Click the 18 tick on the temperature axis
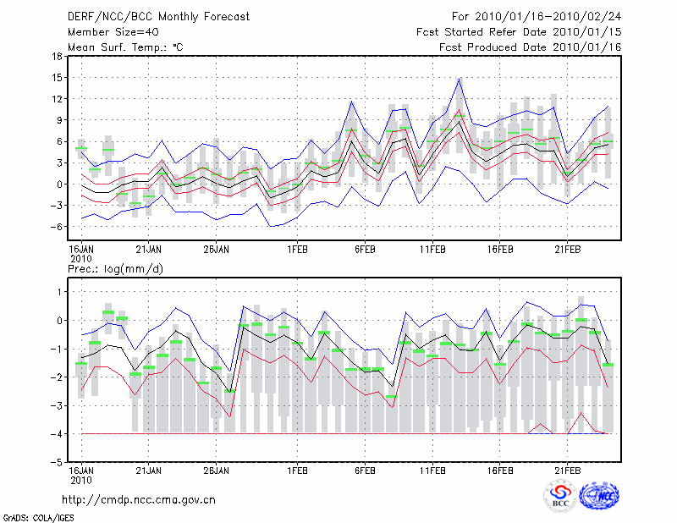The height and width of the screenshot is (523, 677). coord(57,57)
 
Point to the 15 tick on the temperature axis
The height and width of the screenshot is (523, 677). coord(57,78)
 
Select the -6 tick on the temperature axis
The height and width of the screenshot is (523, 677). coord(56,227)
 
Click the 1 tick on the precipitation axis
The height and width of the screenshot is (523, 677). coord(59,292)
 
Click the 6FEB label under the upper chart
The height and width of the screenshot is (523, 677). coord(365,250)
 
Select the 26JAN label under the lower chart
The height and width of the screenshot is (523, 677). coord(216,470)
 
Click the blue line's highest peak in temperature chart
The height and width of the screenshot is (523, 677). coord(459,79)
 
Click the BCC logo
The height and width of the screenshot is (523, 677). coord(559,497)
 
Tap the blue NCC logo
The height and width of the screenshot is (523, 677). coord(598,497)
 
